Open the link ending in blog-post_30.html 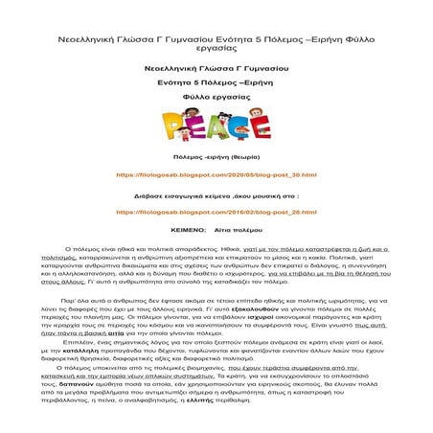[216, 176]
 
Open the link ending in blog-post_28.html [216, 210]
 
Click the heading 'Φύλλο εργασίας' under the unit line [216, 99]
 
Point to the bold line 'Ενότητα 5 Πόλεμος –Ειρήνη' [216, 84]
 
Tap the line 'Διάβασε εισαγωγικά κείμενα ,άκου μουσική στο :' [216, 194]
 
